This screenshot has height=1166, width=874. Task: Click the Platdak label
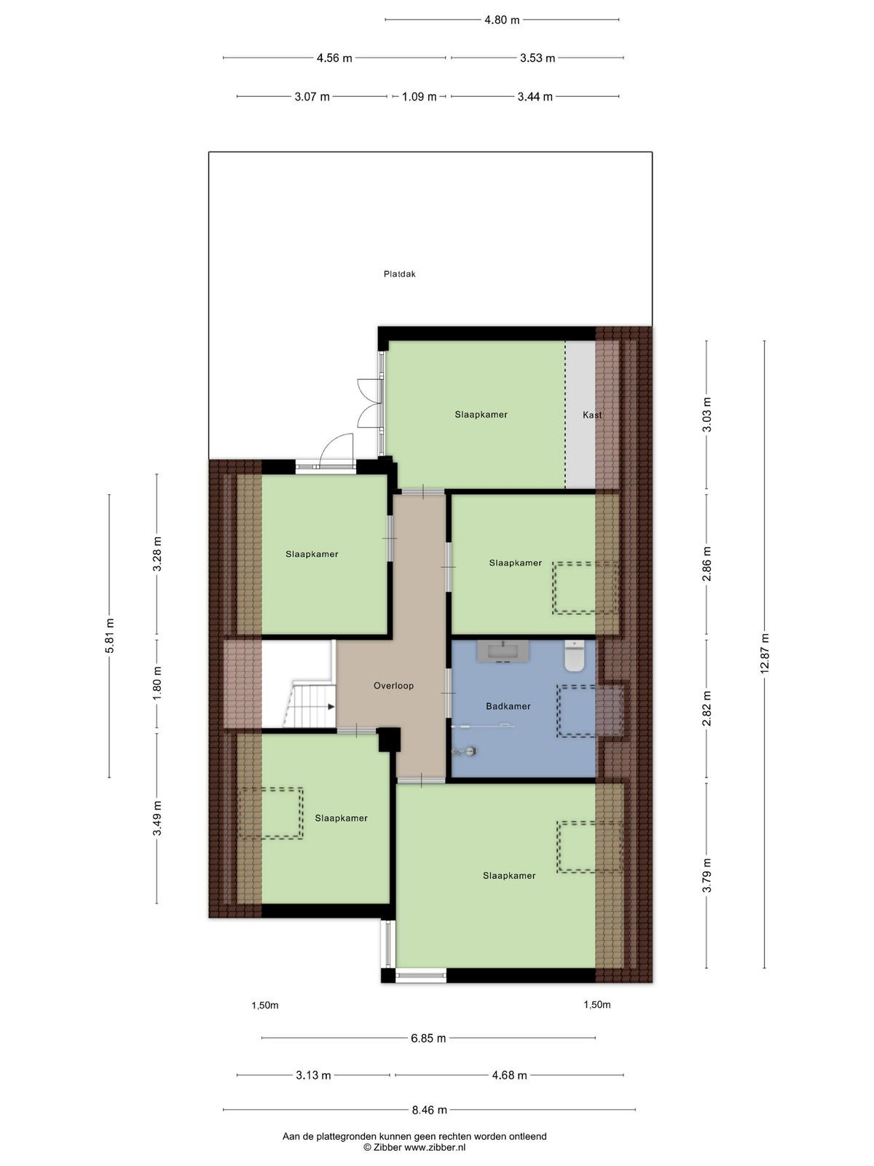(x=400, y=274)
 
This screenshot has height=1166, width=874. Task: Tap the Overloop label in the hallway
(x=393, y=686)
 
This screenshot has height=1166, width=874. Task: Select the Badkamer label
(x=508, y=706)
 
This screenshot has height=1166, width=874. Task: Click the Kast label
(x=592, y=415)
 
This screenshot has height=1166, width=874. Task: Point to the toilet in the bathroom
(x=574, y=656)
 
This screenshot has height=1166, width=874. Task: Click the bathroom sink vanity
(x=503, y=652)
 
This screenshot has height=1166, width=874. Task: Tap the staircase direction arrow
(x=331, y=707)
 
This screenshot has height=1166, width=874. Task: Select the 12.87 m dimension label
(x=764, y=654)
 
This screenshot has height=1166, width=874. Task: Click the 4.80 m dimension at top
(x=502, y=20)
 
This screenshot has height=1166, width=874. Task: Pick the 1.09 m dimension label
(x=420, y=97)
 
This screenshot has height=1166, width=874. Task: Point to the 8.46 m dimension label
(x=429, y=1109)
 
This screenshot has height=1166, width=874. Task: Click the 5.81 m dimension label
(x=109, y=636)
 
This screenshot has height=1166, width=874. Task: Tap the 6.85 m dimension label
(x=428, y=1038)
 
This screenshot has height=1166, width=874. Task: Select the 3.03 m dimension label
(x=706, y=415)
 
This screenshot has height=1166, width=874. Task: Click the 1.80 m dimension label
(x=157, y=683)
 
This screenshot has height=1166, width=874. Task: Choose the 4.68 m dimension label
(x=509, y=1075)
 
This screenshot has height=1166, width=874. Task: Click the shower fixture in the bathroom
(x=465, y=751)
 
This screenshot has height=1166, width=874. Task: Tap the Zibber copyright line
(x=414, y=1147)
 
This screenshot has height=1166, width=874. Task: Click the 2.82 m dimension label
(x=706, y=708)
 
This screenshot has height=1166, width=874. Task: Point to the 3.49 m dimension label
(x=157, y=818)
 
